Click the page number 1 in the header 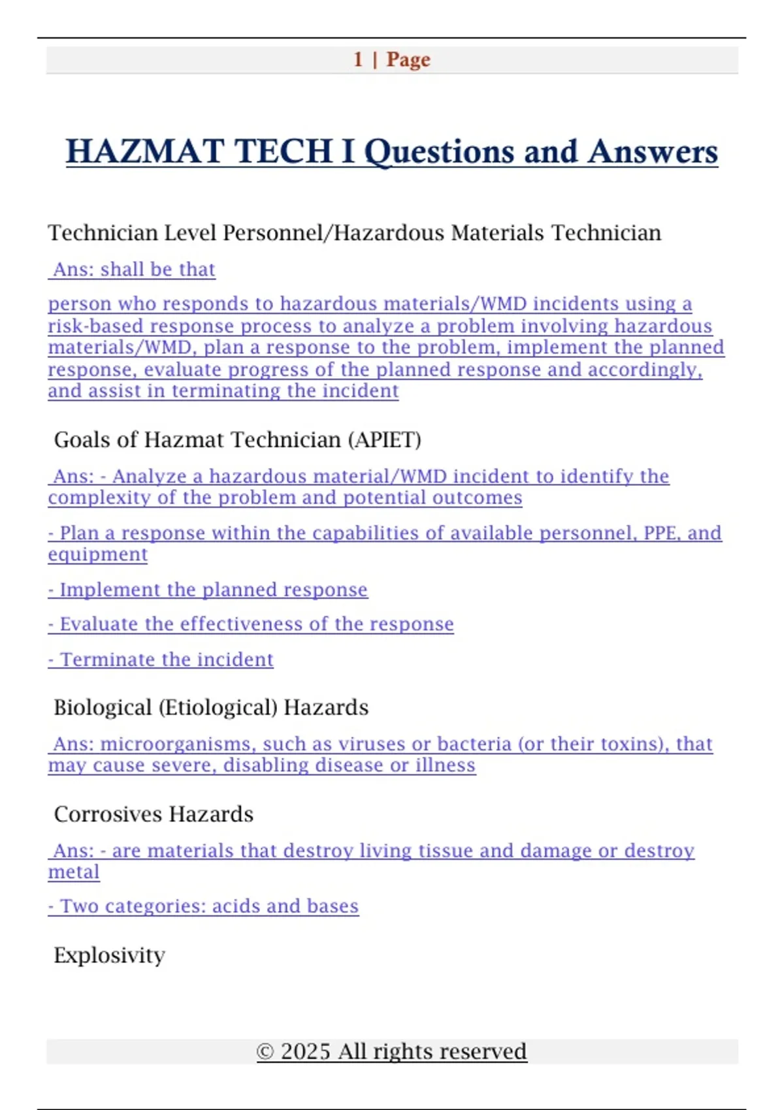coord(358,59)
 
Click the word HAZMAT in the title coord(145,151)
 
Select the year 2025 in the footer coord(305,1051)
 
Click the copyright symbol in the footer coord(265,1051)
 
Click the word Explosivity coord(109,955)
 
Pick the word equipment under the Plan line coord(97,554)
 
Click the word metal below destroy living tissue coord(74,872)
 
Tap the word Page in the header coord(408,59)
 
